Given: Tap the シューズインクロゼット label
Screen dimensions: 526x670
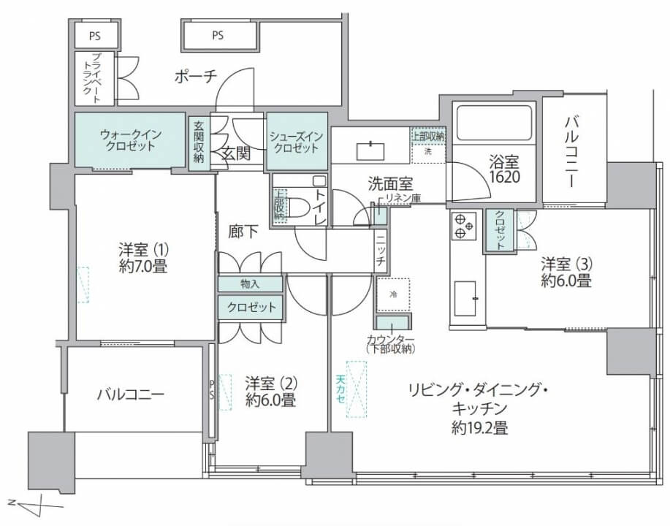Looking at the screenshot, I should (x=294, y=142).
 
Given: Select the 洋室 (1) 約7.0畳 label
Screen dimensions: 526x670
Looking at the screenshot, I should (x=143, y=257).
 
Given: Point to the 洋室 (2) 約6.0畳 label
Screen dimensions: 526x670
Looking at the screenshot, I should (x=270, y=391).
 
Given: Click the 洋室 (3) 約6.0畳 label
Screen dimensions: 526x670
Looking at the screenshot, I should (x=566, y=270).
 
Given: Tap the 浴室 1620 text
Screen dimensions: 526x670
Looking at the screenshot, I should (x=504, y=169).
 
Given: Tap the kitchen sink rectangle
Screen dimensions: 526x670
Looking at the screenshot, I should (x=464, y=299).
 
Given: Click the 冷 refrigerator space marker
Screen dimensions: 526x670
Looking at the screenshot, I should (x=393, y=294).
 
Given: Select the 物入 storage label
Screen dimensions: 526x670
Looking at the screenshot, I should (x=249, y=284).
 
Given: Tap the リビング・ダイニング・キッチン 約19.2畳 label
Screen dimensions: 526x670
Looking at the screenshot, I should (x=479, y=409).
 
